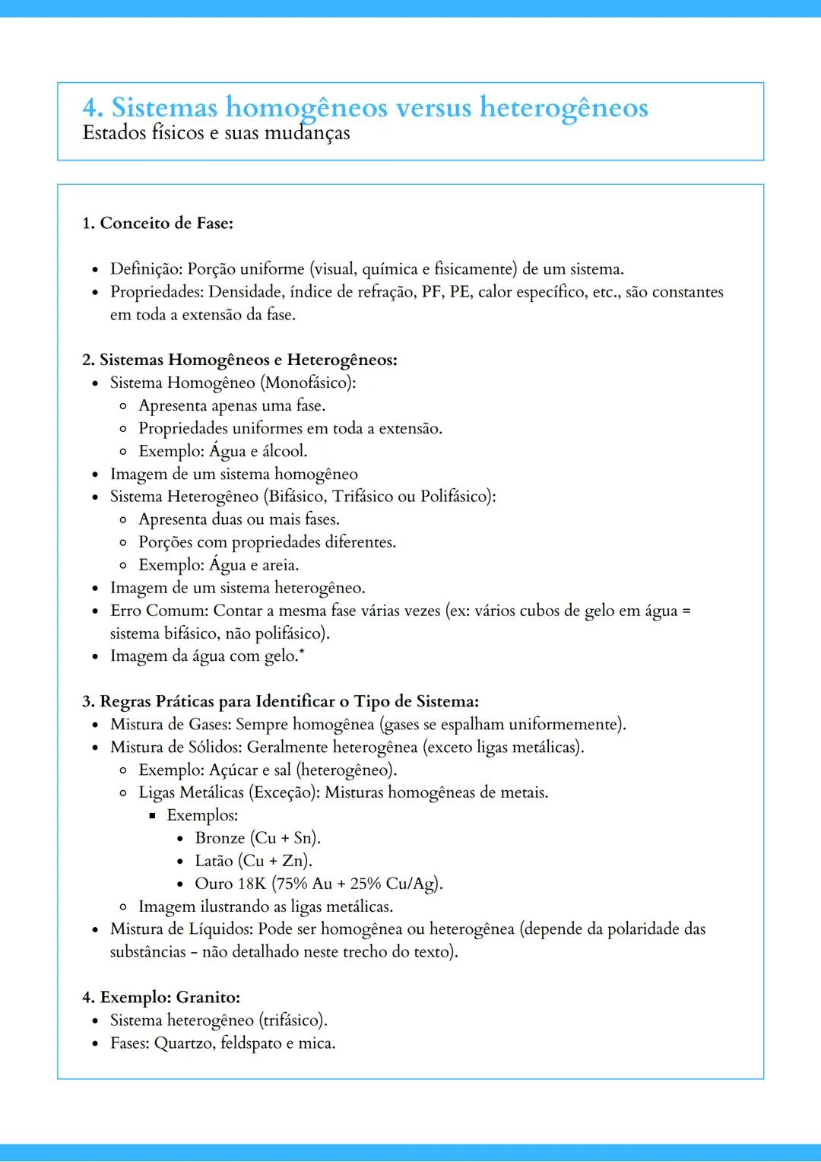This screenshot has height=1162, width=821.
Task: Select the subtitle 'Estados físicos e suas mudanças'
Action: click(216, 133)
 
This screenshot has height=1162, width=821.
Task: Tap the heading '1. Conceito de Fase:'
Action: click(157, 223)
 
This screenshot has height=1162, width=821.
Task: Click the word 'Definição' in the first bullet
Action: click(145, 269)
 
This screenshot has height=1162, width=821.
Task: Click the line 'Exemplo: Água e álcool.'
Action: click(223, 451)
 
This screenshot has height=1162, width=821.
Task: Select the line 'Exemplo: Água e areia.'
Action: click(218, 565)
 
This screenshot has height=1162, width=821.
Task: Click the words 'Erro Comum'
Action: click(158, 611)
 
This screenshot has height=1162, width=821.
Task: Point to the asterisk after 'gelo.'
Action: click(302, 652)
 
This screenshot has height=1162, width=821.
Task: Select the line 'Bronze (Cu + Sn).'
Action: click(258, 838)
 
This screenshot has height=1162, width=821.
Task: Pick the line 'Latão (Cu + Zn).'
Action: click(253, 861)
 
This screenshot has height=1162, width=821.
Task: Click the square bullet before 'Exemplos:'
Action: click(152, 816)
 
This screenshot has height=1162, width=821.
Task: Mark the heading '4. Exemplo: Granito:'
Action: click(161, 997)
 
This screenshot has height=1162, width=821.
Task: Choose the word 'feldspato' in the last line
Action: click(251, 1043)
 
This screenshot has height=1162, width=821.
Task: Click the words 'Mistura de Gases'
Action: click(170, 724)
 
